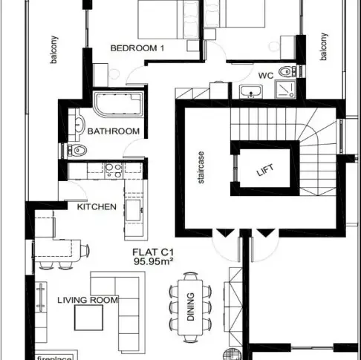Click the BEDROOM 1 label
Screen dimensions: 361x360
[x=137, y=48]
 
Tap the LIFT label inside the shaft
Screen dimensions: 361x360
[x=265, y=170]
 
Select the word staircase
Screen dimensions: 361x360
[x=201, y=168]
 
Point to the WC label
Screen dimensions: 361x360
[x=266, y=76]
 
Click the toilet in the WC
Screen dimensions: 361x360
[x=287, y=71]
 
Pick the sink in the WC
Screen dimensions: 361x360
[x=251, y=91]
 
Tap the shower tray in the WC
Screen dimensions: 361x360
[x=285, y=89]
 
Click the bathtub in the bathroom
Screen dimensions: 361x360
[x=119, y=105]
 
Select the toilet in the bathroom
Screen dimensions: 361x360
[x=77, y=150]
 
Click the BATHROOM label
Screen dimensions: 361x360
[x=114, y=131]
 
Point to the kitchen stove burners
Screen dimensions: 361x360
[x=114, y=171]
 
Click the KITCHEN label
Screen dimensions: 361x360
[x=97, y=207]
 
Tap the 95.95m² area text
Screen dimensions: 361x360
[x=153, y=261]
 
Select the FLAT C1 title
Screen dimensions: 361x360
[x=153, y=252]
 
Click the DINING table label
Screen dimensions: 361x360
[x=190, y=307]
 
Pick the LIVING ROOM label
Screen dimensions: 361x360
[x=88, y=300]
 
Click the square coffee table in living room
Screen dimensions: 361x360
[x=89, y=318]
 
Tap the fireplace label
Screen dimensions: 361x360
[x=54, y=358]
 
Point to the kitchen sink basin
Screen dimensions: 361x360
[x=133, y=210]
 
